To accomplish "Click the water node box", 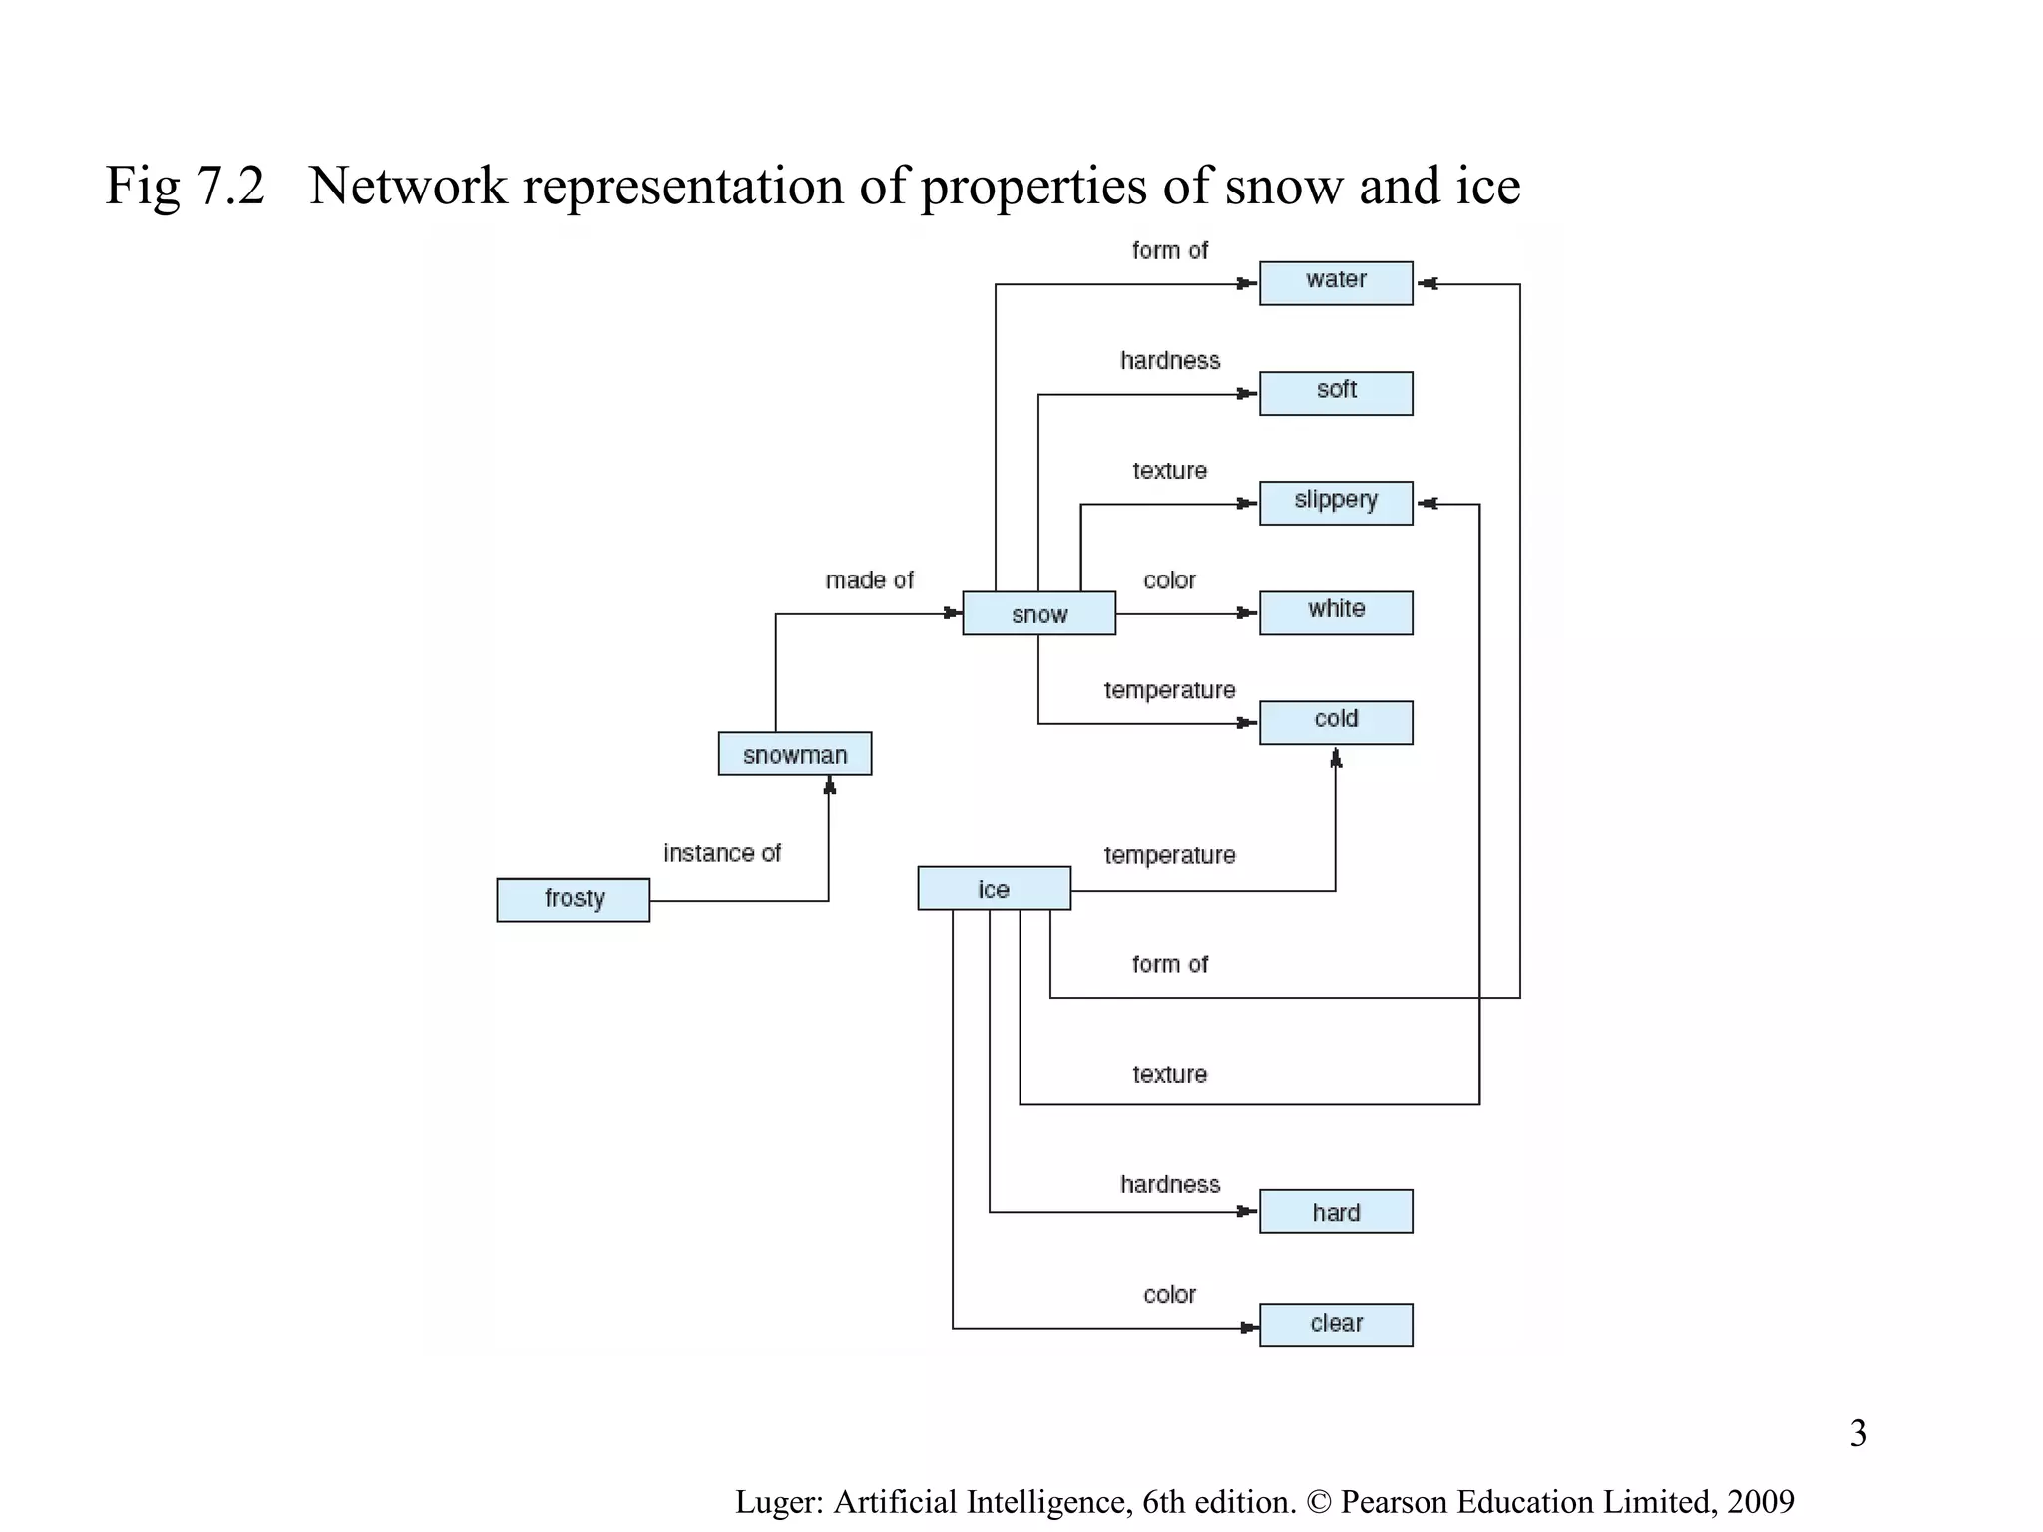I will coord(1335,283).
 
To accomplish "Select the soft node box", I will coord(1335,393).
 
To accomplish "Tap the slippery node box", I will coord(1335,503).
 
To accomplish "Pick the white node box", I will coord(1335,612).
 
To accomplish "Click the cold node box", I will coord(1335,722).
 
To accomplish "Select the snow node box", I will coord(1038,613).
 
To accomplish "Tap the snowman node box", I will coord(794,754).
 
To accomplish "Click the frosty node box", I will coord(573,900).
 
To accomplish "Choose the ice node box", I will coord(994,888).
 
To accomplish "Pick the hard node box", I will coord(1335,1211).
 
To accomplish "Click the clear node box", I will coord(1335,1325).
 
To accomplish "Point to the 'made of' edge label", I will coord(869,580).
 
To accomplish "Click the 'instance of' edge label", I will coord(722,854).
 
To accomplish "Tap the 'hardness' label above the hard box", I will coord(1169,1185).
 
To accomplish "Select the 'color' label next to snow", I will coord(1169,580).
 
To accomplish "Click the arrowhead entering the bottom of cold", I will coord(1336,759).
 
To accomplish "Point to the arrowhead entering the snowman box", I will coord(829,787).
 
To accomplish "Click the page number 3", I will coord(1858,1433).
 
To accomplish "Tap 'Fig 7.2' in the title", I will coord(186,187).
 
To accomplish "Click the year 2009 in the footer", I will coord(1761,1502).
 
